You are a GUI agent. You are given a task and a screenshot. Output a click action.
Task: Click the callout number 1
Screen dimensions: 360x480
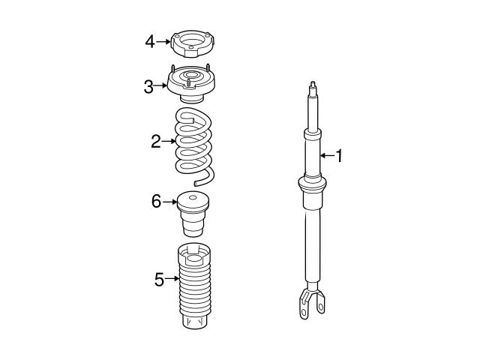tap(339, 156)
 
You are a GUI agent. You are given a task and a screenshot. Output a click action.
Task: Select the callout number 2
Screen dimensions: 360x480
tap(155, 140)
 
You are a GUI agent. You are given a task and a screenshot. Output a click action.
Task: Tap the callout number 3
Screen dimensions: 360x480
tap(148, 86)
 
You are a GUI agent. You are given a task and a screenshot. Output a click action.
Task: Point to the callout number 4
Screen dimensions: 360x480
tap(150, 41)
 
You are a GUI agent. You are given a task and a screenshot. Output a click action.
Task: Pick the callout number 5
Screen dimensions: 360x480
tap(159, 280)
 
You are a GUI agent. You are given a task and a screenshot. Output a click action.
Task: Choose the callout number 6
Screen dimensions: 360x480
tap(156, 201)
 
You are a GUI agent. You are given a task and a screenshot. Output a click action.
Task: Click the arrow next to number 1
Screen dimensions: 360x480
tap(326, 156)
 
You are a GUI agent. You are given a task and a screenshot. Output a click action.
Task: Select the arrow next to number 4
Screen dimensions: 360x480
tap(164, 41)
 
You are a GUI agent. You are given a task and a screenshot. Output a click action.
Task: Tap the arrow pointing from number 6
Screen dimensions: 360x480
tap(170, 201)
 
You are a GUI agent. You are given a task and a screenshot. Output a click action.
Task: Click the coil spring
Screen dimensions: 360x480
tap(193, 142)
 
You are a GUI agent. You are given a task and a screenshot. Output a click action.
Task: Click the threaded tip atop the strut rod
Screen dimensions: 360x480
tap(310, 84)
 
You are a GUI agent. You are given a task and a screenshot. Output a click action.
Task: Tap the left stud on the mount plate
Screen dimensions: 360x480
tap(173, 69)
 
